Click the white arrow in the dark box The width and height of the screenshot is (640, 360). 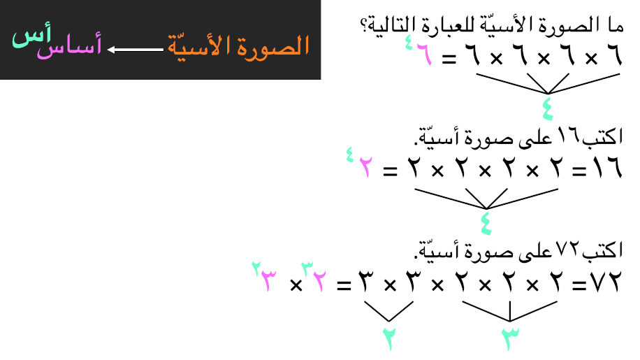click(135, 50)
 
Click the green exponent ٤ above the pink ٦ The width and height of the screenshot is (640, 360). click(409, 43)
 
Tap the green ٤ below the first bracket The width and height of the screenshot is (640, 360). click(547, 108)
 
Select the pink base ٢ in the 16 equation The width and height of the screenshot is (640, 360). click(365, 167)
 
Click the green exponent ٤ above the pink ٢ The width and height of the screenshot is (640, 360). click(350, 154)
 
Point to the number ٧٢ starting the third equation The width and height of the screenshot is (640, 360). click(606, 281)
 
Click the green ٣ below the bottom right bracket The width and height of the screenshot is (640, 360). click(510, 338)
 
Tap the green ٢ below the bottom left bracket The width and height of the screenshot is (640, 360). click(389, 338)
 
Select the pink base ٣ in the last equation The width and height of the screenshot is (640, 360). click(268, 281)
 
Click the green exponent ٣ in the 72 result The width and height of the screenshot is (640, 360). click(307, 268)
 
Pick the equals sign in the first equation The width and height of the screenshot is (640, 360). click(449, 59)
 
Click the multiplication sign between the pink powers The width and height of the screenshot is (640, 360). click(296, 285)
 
